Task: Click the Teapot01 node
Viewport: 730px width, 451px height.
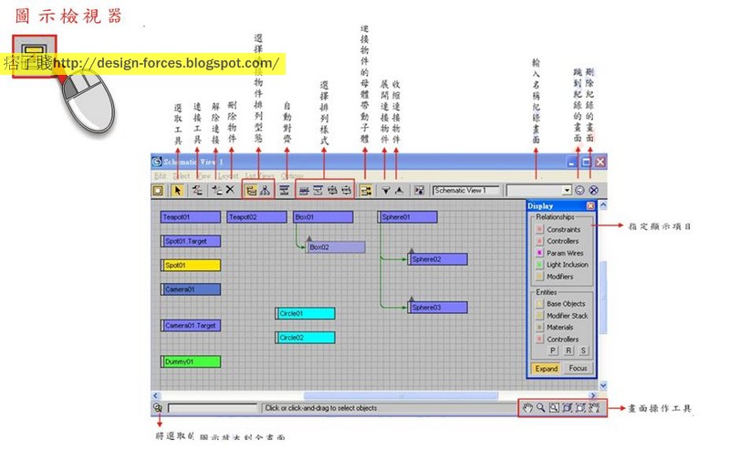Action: pos(191,217)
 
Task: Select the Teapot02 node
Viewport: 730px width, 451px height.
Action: pos(255,217)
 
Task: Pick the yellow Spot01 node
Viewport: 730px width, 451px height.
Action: pos(191,266)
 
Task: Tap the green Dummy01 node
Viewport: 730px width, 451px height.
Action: pos(191,362)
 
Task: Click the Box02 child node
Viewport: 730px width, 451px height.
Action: pos(336,247)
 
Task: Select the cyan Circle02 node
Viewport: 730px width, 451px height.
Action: pos(306,337)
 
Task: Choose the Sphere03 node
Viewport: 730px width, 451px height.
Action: pos(438,308)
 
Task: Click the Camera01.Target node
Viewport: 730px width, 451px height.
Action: pos(191,325)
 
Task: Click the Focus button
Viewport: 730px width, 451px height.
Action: pos(577,369)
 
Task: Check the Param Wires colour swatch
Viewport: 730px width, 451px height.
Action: pos(539,253)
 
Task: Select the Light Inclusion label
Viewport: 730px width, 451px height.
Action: pos(568,265)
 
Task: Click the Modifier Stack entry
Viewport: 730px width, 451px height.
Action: pos(567,315)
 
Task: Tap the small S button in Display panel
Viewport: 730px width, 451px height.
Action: pos(583,351)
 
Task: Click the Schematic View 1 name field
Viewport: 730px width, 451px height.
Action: pos(466,191)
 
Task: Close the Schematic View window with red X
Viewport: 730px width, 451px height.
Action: pos(600,162)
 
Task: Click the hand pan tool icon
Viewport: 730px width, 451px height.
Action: pos(527,408)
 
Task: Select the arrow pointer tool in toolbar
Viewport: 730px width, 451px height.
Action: pos(178,191)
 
